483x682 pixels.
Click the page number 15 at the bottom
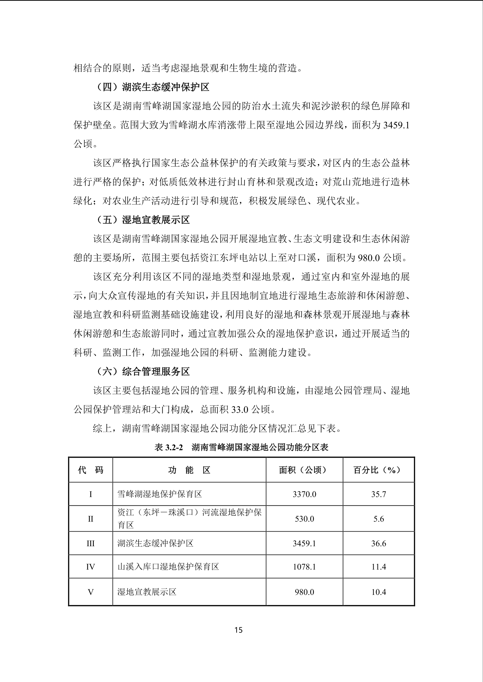tap(239, 630)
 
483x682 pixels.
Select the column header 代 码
tap(91, 470)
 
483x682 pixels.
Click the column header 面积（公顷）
tap(304, 470)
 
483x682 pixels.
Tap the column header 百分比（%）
tap(378, 470)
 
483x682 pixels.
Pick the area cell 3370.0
tap(304, 494)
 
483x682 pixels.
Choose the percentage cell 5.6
tap(378, 519)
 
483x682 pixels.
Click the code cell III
tap(91, 543)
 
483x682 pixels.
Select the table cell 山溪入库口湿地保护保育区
tap(168, 566)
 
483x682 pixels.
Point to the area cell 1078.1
tap(304, 567)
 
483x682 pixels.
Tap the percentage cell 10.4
tap(378, 592)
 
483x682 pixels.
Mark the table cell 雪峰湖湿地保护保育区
tap(159, 494)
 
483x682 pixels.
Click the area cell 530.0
tap(304, 519)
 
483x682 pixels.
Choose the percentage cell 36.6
tap(378, 543)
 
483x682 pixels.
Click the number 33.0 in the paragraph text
tap(240, 410)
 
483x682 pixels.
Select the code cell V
tap(91, 592)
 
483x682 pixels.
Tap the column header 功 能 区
tap(189, 470)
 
